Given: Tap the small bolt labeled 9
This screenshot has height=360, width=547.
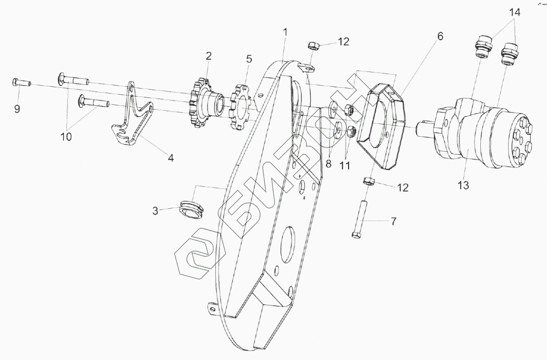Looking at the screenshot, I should point(21,83).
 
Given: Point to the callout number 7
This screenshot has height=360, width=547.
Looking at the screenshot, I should point(393,221).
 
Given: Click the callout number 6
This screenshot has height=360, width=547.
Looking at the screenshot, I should point(439,36).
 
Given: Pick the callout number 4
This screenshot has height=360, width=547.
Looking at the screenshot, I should point(171,158).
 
